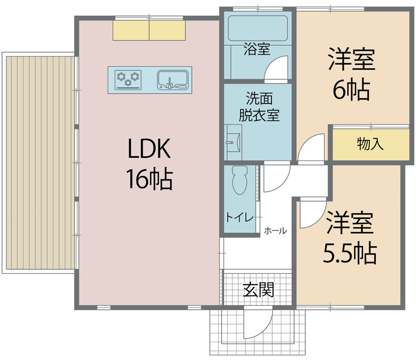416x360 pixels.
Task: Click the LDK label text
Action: click(x=149, y=149)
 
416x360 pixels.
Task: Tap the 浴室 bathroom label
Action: click(x=257, y=49)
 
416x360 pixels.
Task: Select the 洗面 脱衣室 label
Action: click(x=259, y=107)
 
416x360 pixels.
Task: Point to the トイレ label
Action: click(x=240, y=218)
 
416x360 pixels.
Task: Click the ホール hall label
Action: click(x=275, y=231)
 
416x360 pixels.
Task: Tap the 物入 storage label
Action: click(x=370, y=144)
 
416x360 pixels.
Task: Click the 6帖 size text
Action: click(x=351, y=90)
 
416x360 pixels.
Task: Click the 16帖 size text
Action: click(x=149, y=179)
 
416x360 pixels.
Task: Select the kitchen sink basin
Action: click(x=173, y=80)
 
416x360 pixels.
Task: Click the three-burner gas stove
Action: click(x=128, y=80)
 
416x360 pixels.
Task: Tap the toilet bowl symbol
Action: click(x=239, y=180)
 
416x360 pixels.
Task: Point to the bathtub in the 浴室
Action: click(x=258, y=28)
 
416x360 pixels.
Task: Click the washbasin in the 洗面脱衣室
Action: click(x=234, y=142)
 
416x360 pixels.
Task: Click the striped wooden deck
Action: click(x=40, y=163)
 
